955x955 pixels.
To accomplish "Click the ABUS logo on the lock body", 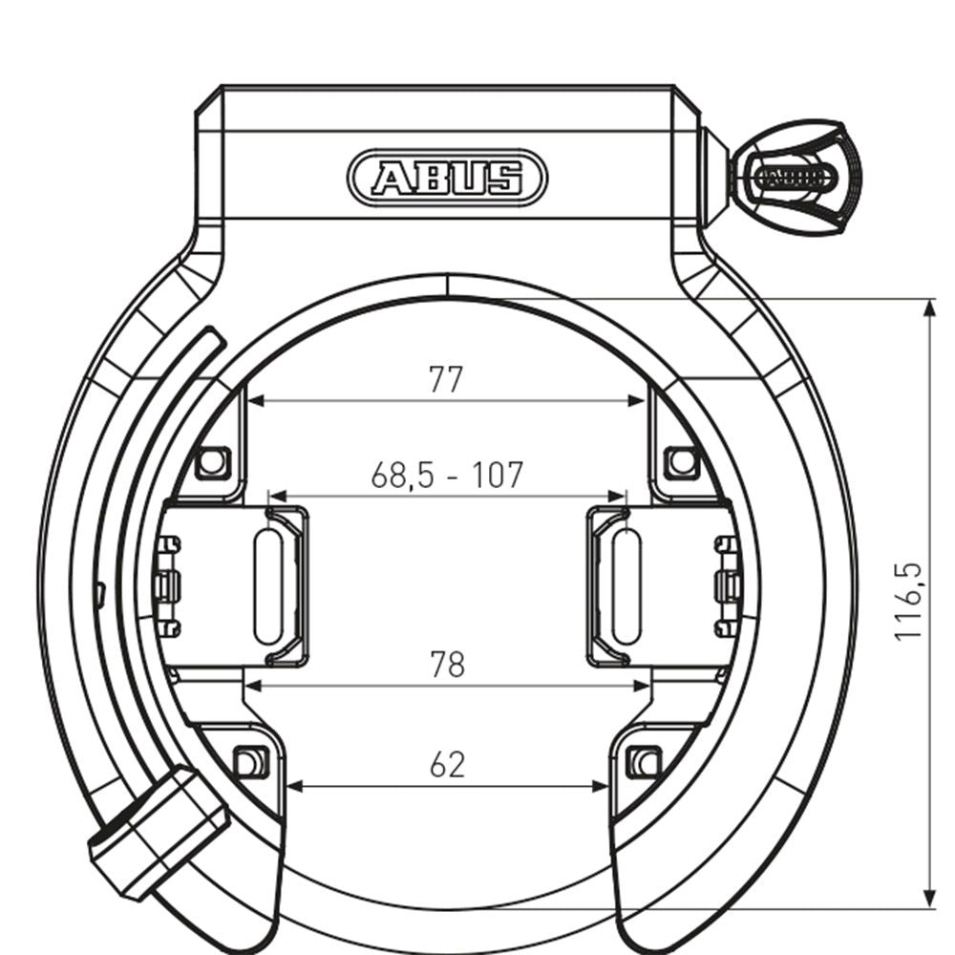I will point(448,178).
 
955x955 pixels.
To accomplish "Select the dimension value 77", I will point(445,379).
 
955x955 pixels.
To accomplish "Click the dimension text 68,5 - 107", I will point(447,474).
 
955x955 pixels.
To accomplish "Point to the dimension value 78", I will point(446,664).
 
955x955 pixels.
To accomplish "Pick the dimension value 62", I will point(446,764).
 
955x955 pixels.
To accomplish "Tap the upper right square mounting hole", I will point(680,462).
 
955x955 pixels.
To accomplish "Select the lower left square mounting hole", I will point(248,762).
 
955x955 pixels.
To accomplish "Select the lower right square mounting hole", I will point(646,762).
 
